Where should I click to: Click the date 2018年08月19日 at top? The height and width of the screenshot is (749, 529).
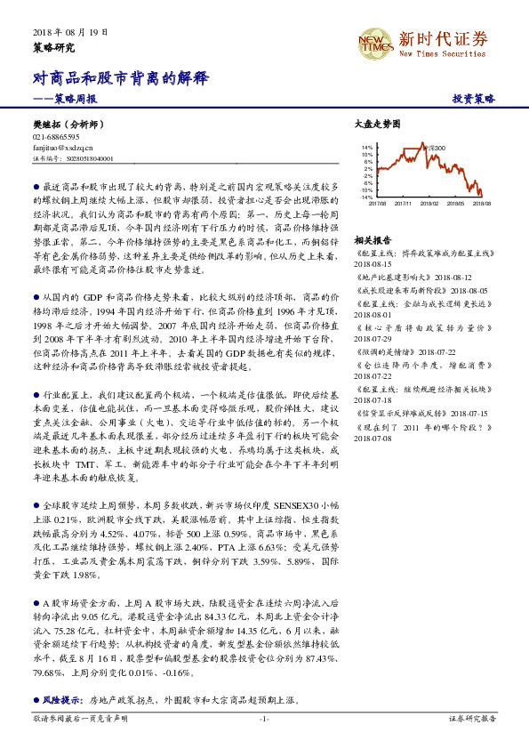coord(63,32)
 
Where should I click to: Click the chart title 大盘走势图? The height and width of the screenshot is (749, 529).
coord(378,123)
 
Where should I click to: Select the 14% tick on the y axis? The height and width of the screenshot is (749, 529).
coord(367,147)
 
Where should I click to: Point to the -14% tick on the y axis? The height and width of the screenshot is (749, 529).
coord(366,197)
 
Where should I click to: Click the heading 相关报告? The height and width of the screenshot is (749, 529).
coord(373,240)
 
